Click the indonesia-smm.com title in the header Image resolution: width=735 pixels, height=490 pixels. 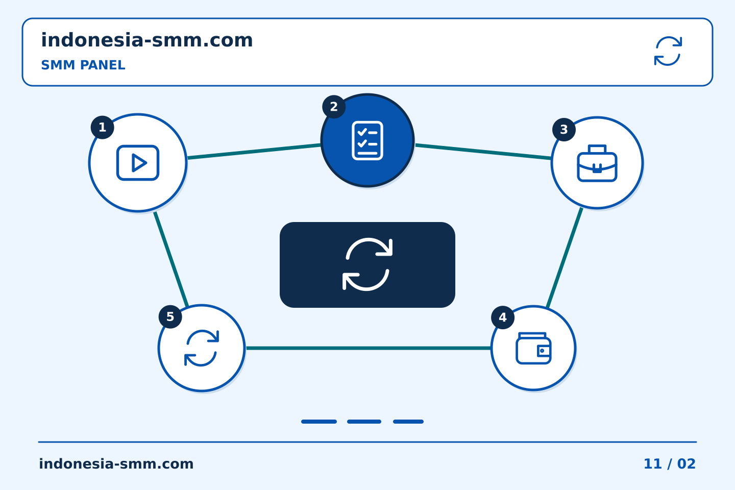pyautogui.click(x=146, y=40)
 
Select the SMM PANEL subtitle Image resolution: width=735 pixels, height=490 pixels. pyautogui.click(x=83, y=65)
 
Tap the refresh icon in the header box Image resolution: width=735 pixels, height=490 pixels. pyautogui.click(x=668, y=51)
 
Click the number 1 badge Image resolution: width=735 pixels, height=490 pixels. pyautogui.click(x=103, y=127)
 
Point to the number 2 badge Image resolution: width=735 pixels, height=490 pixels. pyautogui.click(x=334, y=107)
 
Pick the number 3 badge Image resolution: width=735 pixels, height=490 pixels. pyautogui.click(x=563, y=130)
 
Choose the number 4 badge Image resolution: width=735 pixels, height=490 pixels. pyautogui.click(x=503, y=317)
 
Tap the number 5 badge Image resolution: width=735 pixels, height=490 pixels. pyautogui.click(x=170, y=316)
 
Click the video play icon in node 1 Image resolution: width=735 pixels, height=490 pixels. pyautogui.click(x=138, y=163)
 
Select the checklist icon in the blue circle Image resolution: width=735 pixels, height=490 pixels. pyautogui.click(x=367, y=140)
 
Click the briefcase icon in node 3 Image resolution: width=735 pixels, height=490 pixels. pyautogui.click(x=597, y=163)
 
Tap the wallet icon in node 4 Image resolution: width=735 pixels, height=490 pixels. pyautogui.click(x=533, y=348)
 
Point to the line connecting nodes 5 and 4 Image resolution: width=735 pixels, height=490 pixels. pyautogui.click(x=369, y=348)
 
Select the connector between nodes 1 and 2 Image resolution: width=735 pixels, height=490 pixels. pyautogui.click(x=254, y=151)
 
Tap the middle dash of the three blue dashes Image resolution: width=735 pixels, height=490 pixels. pyautogui.click(x=364, y=422)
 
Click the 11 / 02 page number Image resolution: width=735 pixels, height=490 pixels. pyautogui.click(x=670, y=464)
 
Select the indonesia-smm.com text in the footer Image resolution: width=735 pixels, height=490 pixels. pyautogui.click(x=116, y=464)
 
